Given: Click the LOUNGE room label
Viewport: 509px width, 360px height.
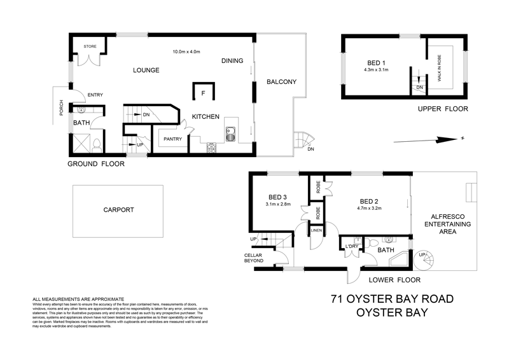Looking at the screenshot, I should (x=145, y=70).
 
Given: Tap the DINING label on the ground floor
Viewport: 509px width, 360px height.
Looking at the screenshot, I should (x=232, y=61).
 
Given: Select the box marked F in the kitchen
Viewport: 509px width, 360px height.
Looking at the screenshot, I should (x=203, y=93).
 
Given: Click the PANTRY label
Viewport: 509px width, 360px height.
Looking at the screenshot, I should (x=173, y=139).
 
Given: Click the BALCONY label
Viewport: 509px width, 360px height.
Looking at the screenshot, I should (x=281, y=82).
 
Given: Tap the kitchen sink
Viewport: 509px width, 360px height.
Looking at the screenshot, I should (x=230, y=134).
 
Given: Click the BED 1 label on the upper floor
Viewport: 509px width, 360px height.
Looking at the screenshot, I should (x=377, y=62).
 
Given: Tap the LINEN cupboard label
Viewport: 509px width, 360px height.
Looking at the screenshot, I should (x=316, y=230).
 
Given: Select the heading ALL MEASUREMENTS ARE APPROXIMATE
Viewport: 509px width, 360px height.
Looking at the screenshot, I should (x=78, y=299).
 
